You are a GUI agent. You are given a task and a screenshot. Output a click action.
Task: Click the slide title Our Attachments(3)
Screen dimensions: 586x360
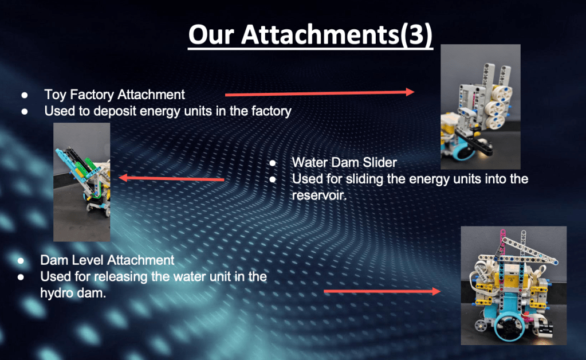[x=310, y=35]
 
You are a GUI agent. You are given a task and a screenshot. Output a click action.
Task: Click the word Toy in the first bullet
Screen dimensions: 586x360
[x=56, y=95]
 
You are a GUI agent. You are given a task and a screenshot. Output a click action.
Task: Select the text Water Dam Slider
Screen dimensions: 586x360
[x=344, y=162]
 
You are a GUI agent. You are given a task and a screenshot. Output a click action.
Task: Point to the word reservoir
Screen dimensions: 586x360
[x=319, y=195]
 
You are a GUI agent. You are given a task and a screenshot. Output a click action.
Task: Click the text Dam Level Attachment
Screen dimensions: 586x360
[x=107, y=260]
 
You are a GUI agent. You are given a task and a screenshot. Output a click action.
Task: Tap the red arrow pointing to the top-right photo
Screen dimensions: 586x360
[x=320, y=93]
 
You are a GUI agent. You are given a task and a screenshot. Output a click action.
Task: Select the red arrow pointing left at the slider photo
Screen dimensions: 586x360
[x=171, y=178]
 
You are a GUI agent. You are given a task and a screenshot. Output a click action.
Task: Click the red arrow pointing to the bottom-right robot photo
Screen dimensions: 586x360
[x=382, y=291]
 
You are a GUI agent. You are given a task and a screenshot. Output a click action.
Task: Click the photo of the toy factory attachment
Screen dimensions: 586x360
[x=481, y=107]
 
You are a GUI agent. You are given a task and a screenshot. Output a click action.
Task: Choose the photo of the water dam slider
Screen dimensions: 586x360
[x=82, y=182]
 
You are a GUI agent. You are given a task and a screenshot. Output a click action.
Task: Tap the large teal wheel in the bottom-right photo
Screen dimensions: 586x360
[x=509, y=328]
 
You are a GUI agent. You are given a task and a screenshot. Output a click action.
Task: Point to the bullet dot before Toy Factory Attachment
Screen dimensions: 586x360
[x=25, y=95]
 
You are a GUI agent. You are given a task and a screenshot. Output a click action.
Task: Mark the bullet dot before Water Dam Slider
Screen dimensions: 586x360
[x=273, y=163]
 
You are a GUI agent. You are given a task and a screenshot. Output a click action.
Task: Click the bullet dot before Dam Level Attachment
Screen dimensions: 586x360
[x=21, y=261]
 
